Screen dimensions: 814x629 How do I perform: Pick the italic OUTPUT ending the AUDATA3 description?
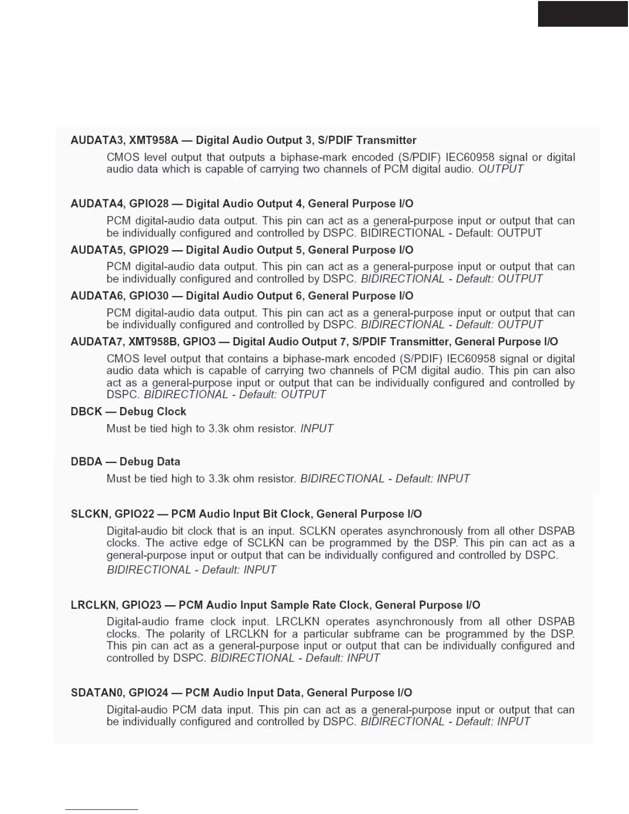tap(501, 169)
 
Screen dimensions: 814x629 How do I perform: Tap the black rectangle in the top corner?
tap(583, 13)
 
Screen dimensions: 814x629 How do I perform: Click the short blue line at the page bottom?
tap(102, 810)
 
